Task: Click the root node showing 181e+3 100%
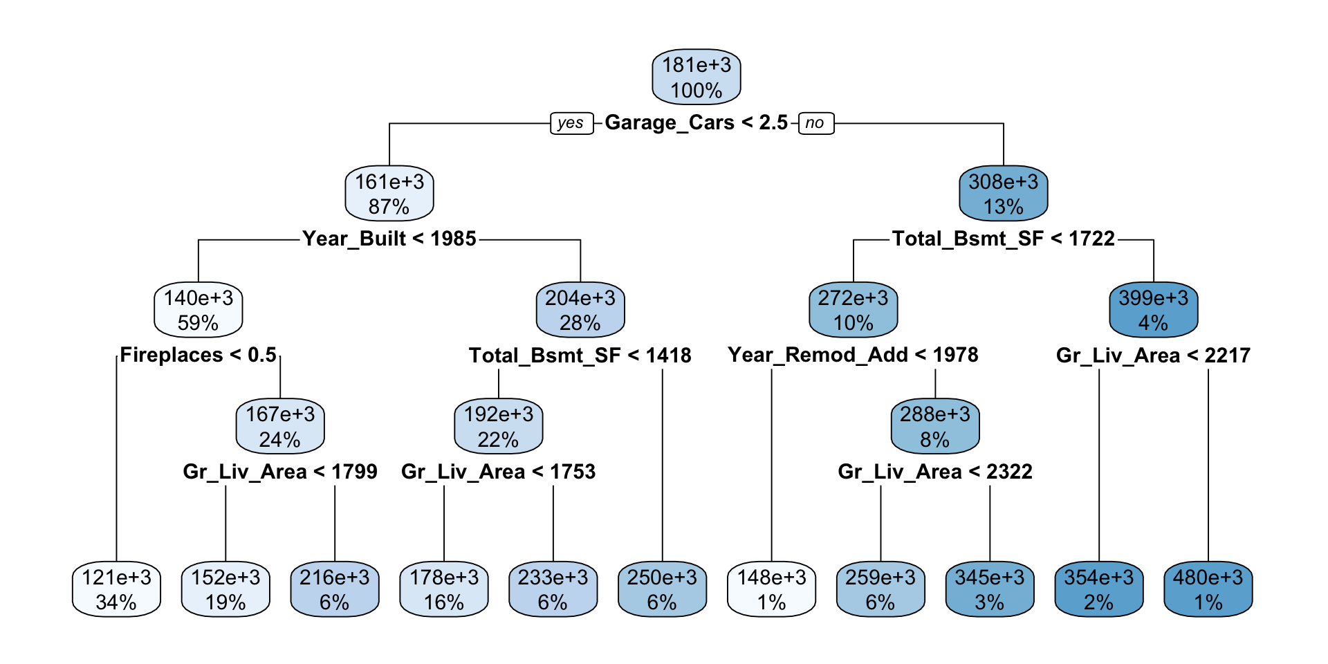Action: (696, 77)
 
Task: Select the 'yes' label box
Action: (571, 123)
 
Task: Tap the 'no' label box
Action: (815, 123)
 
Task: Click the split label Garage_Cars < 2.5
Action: (696, 122)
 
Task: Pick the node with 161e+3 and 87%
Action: (389, 194)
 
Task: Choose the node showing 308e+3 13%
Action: (1003, 194)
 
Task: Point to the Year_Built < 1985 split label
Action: (389, 239)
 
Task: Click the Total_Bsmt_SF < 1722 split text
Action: (1003, 239)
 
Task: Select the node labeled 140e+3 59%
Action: (199, 310)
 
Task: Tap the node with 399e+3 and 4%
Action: (1153, 310)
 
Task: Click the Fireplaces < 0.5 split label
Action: (199, 355)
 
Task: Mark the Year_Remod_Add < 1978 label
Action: (853, 355)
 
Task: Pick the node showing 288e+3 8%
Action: (934, 426)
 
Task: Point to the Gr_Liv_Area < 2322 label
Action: (934, 472)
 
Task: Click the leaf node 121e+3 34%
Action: (116, 589)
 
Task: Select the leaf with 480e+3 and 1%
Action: (1208, 589)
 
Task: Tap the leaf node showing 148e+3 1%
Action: (771, 589)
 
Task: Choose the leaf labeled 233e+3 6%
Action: (553, 589)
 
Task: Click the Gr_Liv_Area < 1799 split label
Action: (280, 472)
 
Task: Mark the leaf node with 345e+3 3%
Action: (989, 589)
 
